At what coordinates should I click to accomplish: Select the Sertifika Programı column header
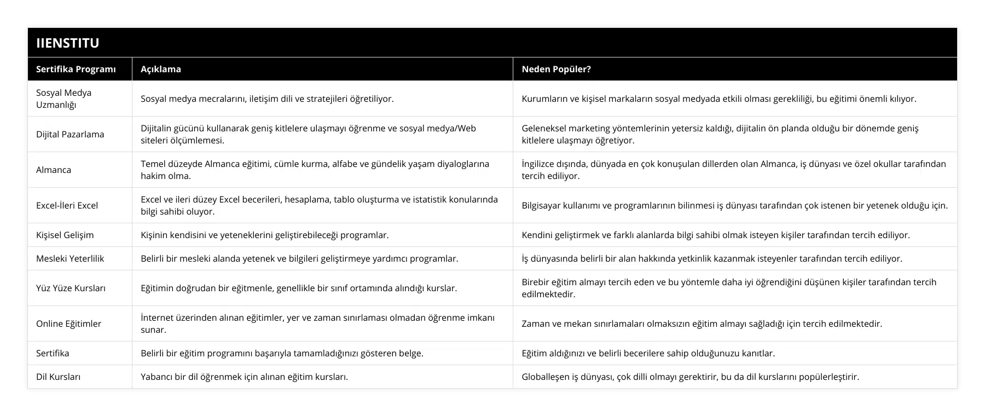(x=76, y=69)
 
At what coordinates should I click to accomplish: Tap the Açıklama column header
(x=161, y=69)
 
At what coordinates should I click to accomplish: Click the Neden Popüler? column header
(x=556, y=69)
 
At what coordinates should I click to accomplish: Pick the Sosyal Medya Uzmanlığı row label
(x=64, y=99)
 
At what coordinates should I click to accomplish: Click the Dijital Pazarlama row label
(x=70, y=134)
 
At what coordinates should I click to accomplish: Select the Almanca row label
(x=54, y=170)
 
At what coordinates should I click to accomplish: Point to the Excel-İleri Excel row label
(x=67, y=205)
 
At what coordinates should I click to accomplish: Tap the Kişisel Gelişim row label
(x=65, y=235)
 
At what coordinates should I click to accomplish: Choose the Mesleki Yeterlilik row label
(x=70, y=258)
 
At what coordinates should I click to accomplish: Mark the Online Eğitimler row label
(x=69, y=323)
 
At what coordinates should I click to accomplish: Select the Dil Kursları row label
(x=59, y=377)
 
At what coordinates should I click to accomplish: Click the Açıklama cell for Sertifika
(x=282, y=353)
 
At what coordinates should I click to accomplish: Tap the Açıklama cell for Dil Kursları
(x=245, y=377)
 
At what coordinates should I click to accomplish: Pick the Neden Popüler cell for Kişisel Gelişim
(x=716, y=235)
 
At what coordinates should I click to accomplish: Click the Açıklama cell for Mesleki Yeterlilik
(x=299, y=258)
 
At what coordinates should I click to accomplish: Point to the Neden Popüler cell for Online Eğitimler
(x=702, y=323)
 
